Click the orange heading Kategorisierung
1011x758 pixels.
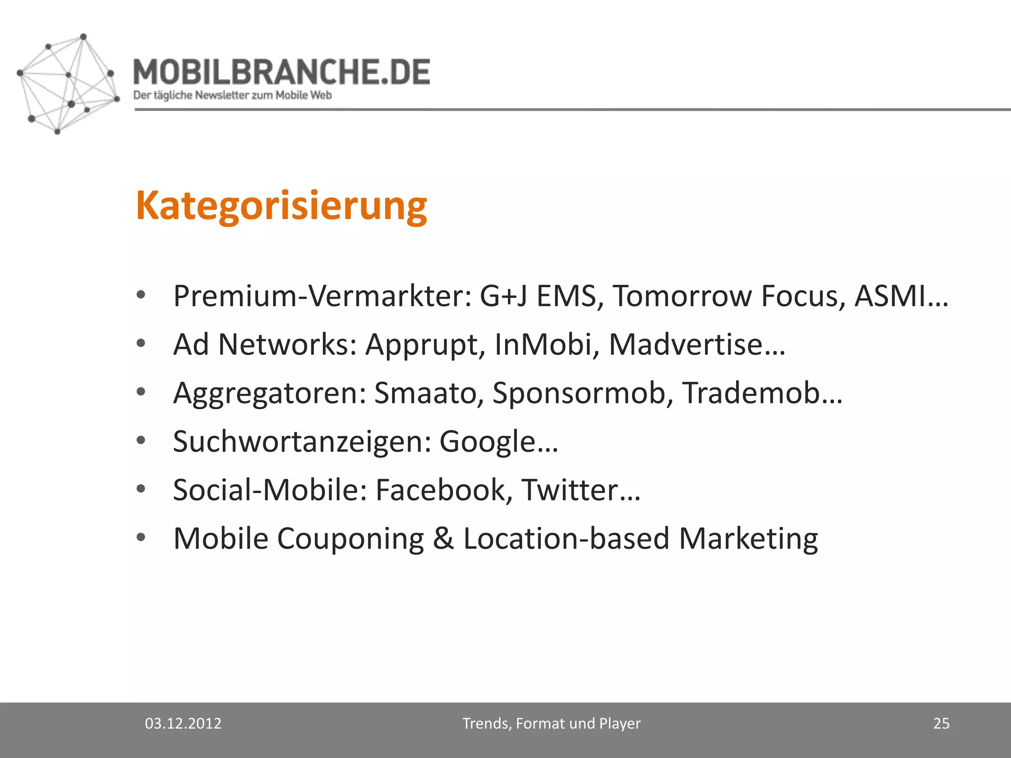(x=281, y=206)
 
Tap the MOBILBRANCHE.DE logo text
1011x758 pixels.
(x=281, y=72)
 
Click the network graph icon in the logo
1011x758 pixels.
(x=67, y=84)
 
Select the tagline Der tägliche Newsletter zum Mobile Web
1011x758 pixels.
(x=232, y=95)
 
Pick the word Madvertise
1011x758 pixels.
(x=686, y=344)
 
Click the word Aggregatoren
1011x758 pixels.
(x=270, y=394)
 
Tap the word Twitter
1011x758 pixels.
(x=570, y=490)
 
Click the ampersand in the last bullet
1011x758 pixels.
(x=443, y=538)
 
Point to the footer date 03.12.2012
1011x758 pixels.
(x=183, y=723)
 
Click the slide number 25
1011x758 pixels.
(x=941, y=723)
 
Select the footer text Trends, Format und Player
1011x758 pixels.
(x=551, y=723)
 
